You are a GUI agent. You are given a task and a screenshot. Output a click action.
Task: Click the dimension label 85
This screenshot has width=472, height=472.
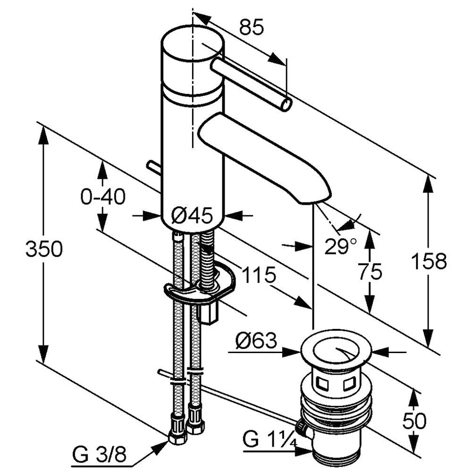(252, 27)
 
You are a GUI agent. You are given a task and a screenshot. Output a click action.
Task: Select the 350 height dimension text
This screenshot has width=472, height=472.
(44, 249)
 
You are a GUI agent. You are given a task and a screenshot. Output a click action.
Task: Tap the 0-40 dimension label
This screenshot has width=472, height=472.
(103, 197)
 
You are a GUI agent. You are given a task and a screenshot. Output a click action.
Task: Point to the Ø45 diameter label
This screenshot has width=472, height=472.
(192, 216)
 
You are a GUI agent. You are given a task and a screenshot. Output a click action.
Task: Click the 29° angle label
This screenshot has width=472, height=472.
(340, 245)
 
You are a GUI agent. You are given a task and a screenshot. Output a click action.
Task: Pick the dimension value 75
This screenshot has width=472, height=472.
(370, 272)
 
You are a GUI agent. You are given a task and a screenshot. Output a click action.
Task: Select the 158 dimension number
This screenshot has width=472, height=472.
(429, 261)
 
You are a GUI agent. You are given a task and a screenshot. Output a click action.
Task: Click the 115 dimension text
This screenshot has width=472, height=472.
(259, 275)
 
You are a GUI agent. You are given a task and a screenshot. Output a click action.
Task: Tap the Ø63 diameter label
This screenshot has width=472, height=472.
(256, 340)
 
